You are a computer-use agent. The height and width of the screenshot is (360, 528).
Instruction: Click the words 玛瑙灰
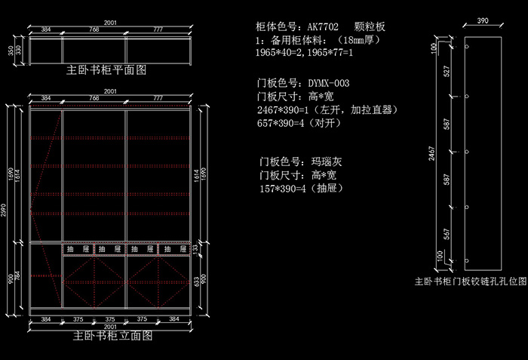[x=327, y=162]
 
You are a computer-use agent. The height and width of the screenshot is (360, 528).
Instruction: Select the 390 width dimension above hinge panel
[x=483, y=22]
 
